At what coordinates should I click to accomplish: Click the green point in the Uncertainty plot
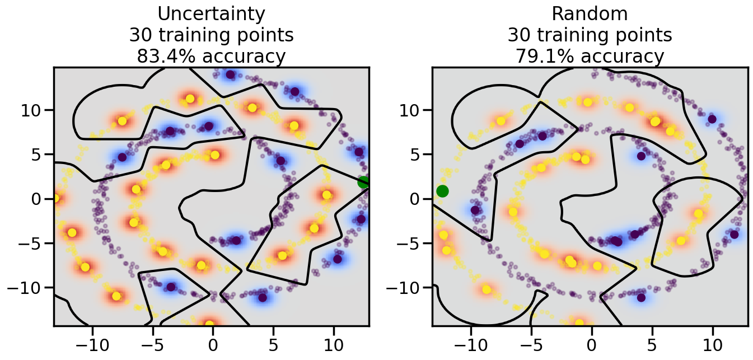click(363, 182)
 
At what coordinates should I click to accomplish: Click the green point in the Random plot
click(442, 191)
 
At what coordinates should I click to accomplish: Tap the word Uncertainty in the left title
click(211, 13)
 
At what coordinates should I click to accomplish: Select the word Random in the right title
click(590, 13)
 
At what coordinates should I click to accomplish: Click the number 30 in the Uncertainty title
click(140, 35)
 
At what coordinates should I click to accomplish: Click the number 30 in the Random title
click(518, 35)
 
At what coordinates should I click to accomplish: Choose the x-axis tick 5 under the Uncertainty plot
click(273, 343)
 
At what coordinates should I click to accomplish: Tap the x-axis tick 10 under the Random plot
click(712, 343)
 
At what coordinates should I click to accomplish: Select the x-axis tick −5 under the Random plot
click(531, 343)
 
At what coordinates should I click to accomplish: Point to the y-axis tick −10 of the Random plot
click(405, 288)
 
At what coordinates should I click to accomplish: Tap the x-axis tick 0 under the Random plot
click(592, 343)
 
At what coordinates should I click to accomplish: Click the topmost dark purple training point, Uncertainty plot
click(230, 74)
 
